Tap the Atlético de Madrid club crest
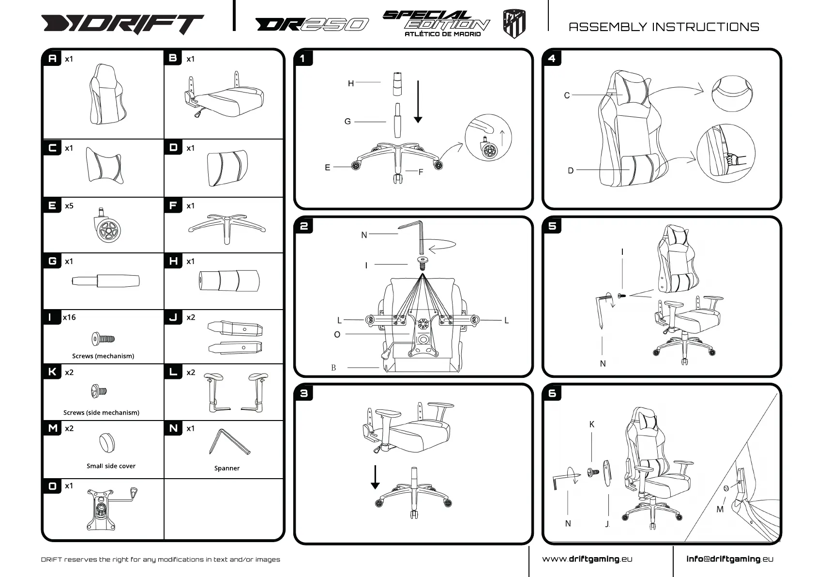click(x=514, y=23)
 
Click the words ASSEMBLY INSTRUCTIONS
click(x=664, y=27)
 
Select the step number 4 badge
click(x=552, y=59)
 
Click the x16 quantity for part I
click(x=69, y=317)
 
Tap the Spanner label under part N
click(x=226, y=468)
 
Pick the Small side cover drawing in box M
click(x=106, y=442)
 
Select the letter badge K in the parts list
click(x=52, y=372)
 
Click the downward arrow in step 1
click(x=418, y=102)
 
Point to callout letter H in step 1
click(x=351, y=83)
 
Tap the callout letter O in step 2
click(x=337, y=334)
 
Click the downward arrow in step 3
click(x=375, y=477)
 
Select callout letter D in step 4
click(x=571, y=171)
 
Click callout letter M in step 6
click(x=720, y=509)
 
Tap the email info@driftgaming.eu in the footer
click(x=729, y=559)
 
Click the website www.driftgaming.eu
click(x=587, y=559)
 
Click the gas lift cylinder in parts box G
click(x=106, y=281)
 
